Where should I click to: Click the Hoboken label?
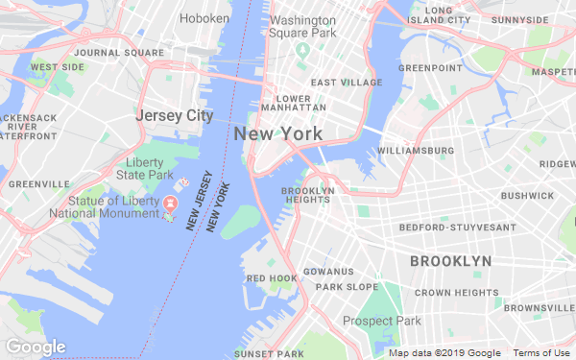point(204,17)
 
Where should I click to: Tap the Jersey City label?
point(174,115)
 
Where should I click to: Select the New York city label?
point(277,134)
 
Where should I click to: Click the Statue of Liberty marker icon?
point(170,204)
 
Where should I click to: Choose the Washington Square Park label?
point(303,26)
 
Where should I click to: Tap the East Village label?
point(346,83)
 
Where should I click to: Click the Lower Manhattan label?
point(300,103)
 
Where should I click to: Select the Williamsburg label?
point(416,151)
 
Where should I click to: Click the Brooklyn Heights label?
point(307,195)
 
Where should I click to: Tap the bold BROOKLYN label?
point(450,261)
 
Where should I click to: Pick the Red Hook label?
point(271,278)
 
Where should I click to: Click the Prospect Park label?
point(382,321)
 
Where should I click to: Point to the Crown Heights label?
point(457,292)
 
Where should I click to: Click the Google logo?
point(36,347)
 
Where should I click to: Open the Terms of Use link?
point(544,353)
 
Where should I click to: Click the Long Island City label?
point(438,14)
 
